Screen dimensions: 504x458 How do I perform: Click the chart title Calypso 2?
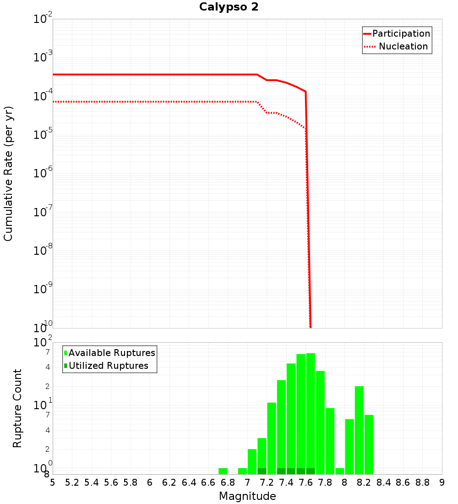(x=229, y=7)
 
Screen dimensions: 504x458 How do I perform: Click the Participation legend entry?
(x=401, y=33)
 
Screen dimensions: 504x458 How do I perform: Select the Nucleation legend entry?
(x=403, y=46)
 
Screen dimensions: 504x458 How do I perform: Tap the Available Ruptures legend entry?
(x=112, y=353)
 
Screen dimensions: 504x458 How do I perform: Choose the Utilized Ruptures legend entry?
(x=108, y=366)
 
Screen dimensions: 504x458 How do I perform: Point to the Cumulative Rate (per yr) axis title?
(x=8, y=173)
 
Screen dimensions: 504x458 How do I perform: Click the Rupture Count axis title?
(x=17, y=408)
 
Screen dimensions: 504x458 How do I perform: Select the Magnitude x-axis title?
(x=247, y=496)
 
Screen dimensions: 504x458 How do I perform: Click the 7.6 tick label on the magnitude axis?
(x=305, y=482)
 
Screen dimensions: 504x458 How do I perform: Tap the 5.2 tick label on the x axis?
(x=72, y=482)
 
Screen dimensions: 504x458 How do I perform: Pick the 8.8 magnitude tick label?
(x=422, y=482)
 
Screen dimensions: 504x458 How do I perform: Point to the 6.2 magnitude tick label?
(x=169, y=482)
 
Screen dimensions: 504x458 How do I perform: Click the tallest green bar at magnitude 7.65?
(x=311, y=412)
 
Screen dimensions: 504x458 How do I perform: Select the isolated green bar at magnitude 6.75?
(x=223, y=471)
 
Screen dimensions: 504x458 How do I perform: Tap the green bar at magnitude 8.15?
(x=359, y=431)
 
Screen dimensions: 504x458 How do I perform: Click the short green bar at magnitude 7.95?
(x=340, y=471)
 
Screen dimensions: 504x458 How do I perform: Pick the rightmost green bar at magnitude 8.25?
(x=369, y=444)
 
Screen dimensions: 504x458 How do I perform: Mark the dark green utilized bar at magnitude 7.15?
(x=262, y=471)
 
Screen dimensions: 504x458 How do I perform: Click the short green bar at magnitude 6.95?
(x=242, y=471)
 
